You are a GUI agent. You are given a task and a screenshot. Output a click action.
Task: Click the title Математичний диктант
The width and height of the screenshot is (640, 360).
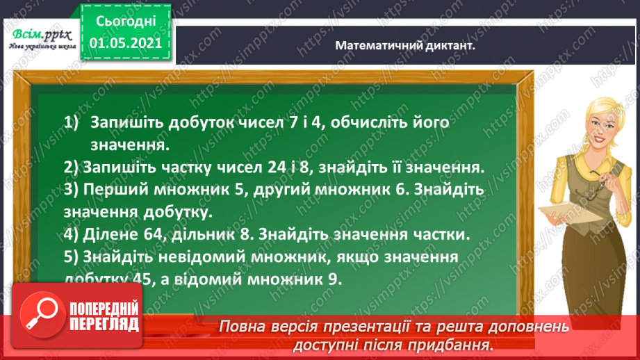pyautogui.click(x=409, y=44)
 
